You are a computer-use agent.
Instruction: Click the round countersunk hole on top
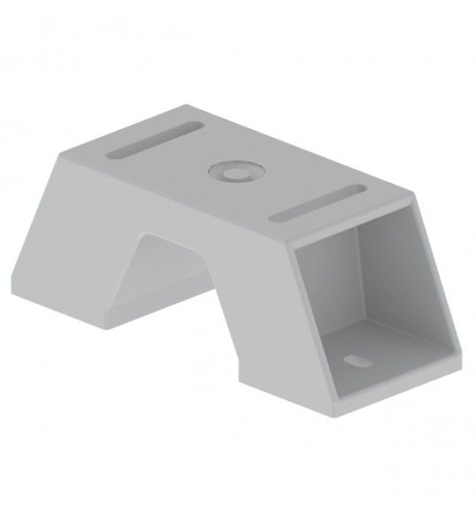pos(234,171)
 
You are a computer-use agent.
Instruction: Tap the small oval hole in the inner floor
pos(357,361)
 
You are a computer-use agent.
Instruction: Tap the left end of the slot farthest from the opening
pos(112,155)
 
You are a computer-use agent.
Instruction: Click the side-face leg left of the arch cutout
pos(88,256)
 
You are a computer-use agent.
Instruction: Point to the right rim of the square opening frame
pos(446,283)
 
